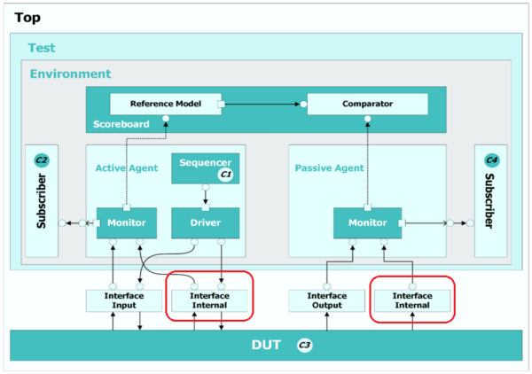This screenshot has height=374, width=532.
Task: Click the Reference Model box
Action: (x=163, y=105)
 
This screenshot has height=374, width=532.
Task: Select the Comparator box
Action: (x=367, y=105)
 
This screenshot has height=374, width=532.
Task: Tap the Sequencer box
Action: (x=205, y=168)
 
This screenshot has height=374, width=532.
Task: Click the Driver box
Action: (x=205, y=222)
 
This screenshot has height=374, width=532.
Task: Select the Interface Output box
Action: (x=326, y=300)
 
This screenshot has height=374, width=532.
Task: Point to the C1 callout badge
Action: (x=225, y=175)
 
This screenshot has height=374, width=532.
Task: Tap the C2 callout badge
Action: (x=41, y=160)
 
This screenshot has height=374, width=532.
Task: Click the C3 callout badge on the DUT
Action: (x=304, y=344)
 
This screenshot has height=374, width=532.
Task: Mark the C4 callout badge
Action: (x=491, y=160)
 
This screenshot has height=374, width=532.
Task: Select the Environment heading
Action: (x=71, y=74)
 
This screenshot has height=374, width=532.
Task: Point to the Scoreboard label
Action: (x=121, y=123)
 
